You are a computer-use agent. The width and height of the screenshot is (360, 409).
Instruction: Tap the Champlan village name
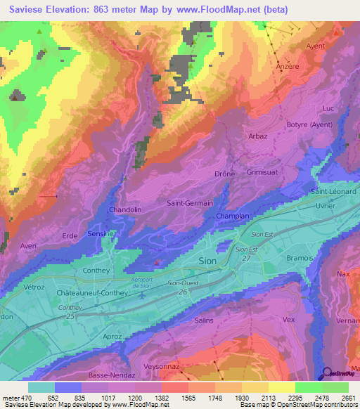click(x=232, y=216)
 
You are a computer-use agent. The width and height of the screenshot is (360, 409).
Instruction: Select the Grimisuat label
click(x=264, y=171)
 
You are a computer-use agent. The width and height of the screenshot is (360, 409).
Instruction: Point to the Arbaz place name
click(x=258, y=136)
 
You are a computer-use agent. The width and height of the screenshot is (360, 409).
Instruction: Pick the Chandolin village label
click(x=126, y=210)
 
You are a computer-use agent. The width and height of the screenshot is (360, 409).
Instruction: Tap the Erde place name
click(x=70, y=236)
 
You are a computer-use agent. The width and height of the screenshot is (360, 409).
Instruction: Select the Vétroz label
click(x=35, y=288)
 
